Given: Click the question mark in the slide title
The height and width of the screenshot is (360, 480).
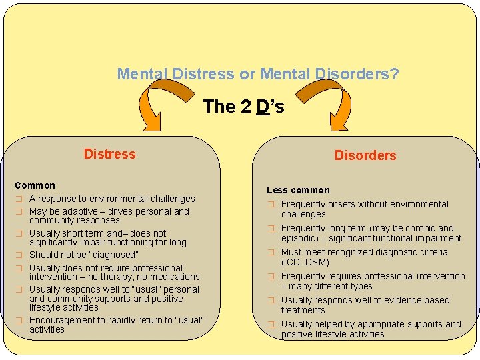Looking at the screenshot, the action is (395, 74).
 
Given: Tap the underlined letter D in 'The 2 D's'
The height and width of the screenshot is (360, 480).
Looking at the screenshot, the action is (263, 107).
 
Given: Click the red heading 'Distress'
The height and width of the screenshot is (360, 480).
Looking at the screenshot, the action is (109, 154).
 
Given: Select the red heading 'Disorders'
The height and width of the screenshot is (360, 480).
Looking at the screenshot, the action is (365, 155).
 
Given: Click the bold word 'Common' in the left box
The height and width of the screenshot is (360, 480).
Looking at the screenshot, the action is (35, 185).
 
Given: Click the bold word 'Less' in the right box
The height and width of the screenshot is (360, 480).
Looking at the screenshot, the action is (277, 190).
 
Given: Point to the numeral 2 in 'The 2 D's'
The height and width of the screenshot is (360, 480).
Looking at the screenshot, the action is (246, 107).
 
